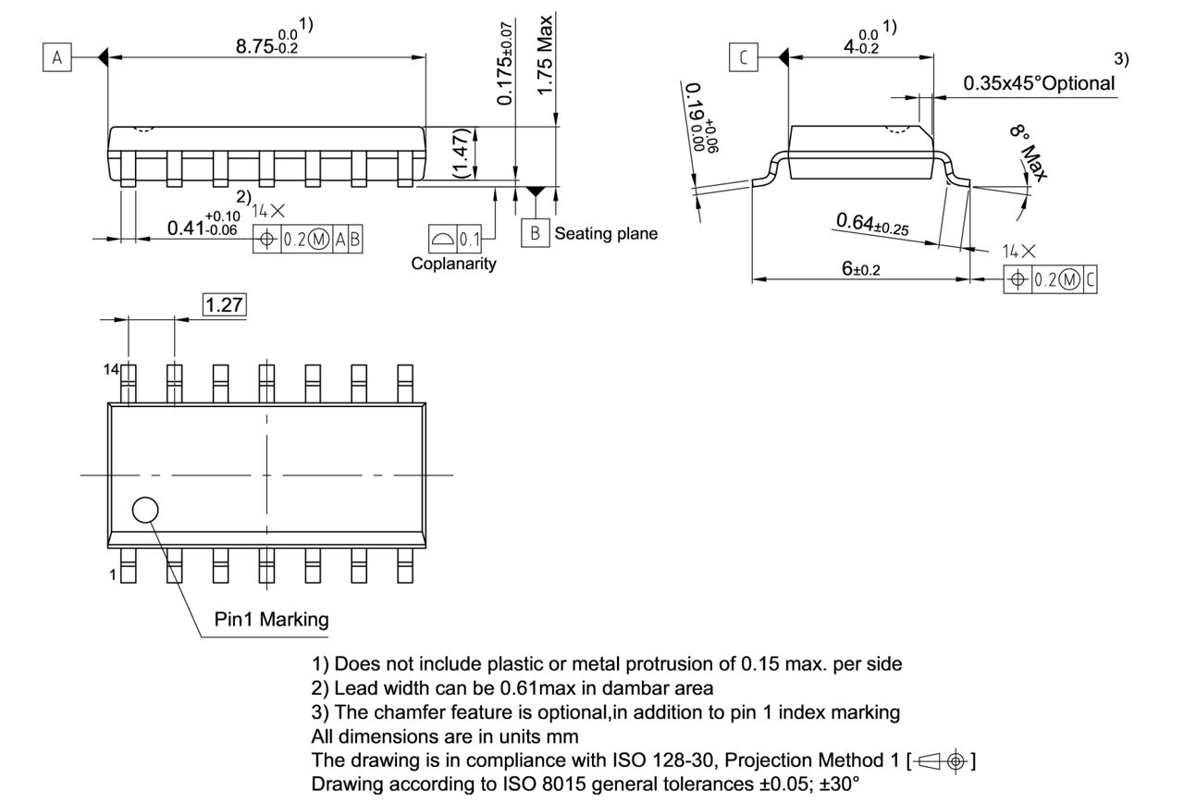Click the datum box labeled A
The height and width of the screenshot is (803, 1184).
click(x=57, y=58)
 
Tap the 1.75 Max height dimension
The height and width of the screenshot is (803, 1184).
click(x=547, y=54)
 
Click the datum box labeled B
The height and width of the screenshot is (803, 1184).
click(x=535, y=233)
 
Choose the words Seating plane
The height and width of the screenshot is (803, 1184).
click(x=606, y=234)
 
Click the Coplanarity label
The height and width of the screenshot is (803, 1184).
click(x=453, y=264)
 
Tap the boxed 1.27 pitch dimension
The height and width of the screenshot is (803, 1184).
click(x=224, y=304)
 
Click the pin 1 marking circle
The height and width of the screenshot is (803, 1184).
click(x=145, y=510)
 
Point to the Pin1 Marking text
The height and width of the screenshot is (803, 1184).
click(x=271, y=620)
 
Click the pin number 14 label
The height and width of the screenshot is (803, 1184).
click(x=111, y=369)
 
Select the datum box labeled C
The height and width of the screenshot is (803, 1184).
click(x=742, y=58)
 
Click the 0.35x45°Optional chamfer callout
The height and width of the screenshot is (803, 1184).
click(x=1039, y=83)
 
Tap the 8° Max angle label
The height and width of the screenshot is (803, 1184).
click(x=1029, y=154)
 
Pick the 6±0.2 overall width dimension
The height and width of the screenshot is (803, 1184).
click(x=861, y=267)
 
